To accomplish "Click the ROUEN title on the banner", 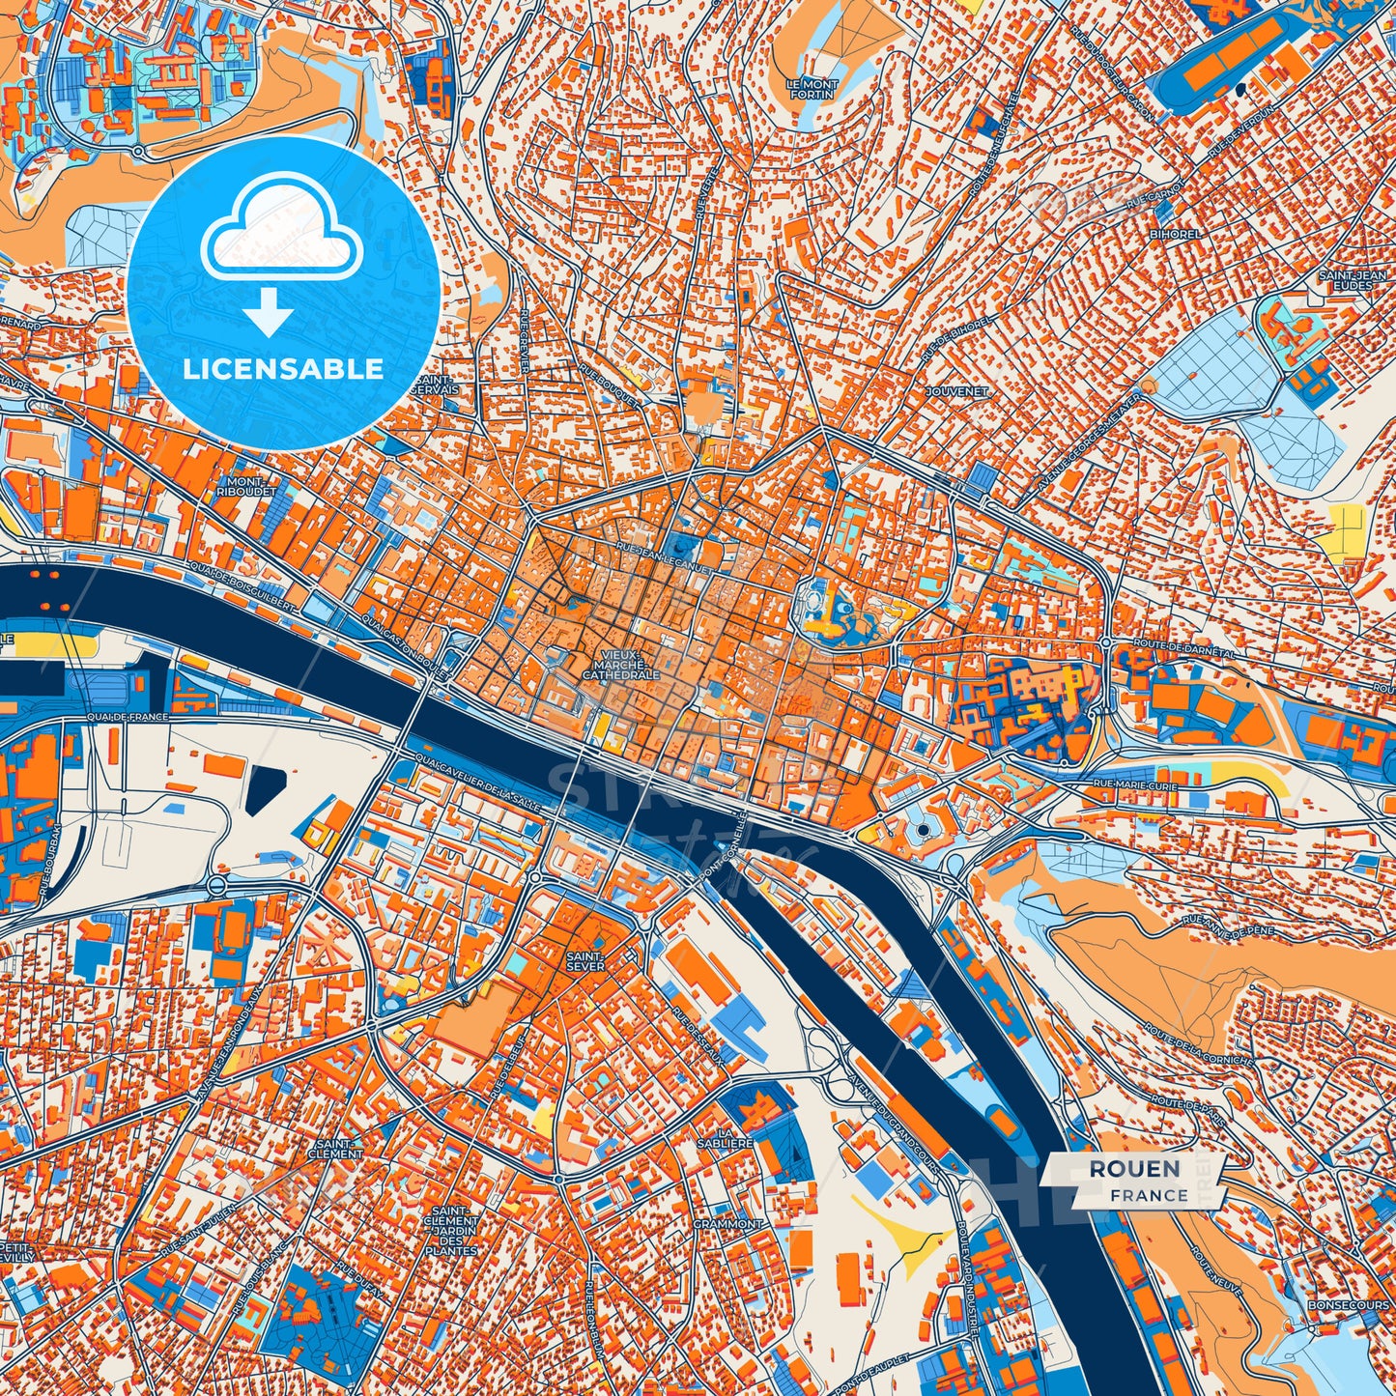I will coord(1134,1169).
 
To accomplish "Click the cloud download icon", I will coord(281,255).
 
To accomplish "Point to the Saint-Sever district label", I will coord(585,960).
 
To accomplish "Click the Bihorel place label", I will coord(1176,234).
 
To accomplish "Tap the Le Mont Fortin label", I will coord(812,90).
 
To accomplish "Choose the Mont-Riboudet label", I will coord(248,486).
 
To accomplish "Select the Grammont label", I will coord(727,1223).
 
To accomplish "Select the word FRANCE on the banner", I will coord(1149,1195).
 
